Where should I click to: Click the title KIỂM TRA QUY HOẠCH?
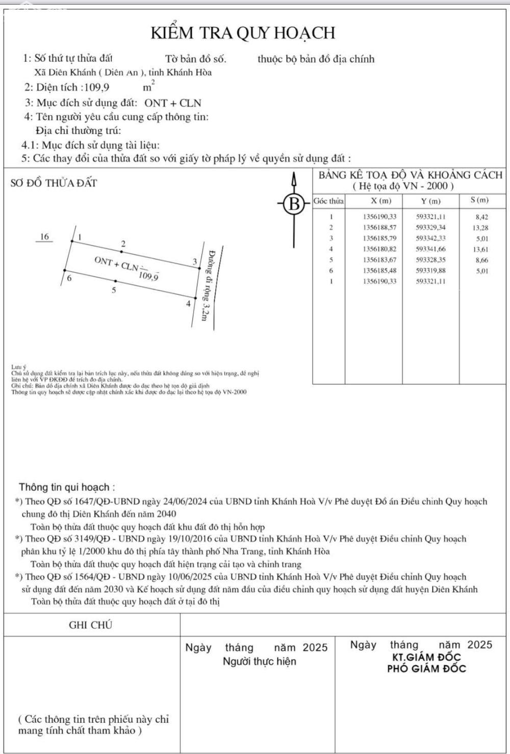243,33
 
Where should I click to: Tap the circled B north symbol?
294,204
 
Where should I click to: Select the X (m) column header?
381,201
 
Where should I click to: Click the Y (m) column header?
430,201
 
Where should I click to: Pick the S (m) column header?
480,200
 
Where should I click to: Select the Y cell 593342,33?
431,238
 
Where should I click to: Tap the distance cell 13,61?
480,249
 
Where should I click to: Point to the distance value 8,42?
481,217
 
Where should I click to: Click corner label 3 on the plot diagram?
194,262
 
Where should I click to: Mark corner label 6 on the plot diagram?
69,278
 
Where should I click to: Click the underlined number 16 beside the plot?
45,237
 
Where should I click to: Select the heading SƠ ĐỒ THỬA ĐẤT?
54,183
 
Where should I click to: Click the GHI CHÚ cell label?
90,625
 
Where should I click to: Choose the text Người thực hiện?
259,662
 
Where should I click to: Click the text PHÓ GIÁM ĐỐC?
426,668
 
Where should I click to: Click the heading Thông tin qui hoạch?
67,487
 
